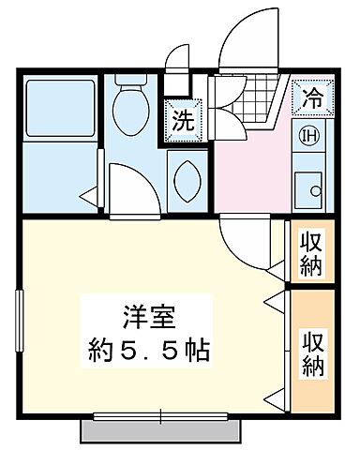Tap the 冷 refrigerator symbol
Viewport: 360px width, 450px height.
[311, 95]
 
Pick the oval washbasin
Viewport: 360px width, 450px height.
[186, 176]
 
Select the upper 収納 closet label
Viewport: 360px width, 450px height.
[310, 252]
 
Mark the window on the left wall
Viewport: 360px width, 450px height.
[18, 322]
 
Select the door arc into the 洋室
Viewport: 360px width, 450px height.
[246, 242]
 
